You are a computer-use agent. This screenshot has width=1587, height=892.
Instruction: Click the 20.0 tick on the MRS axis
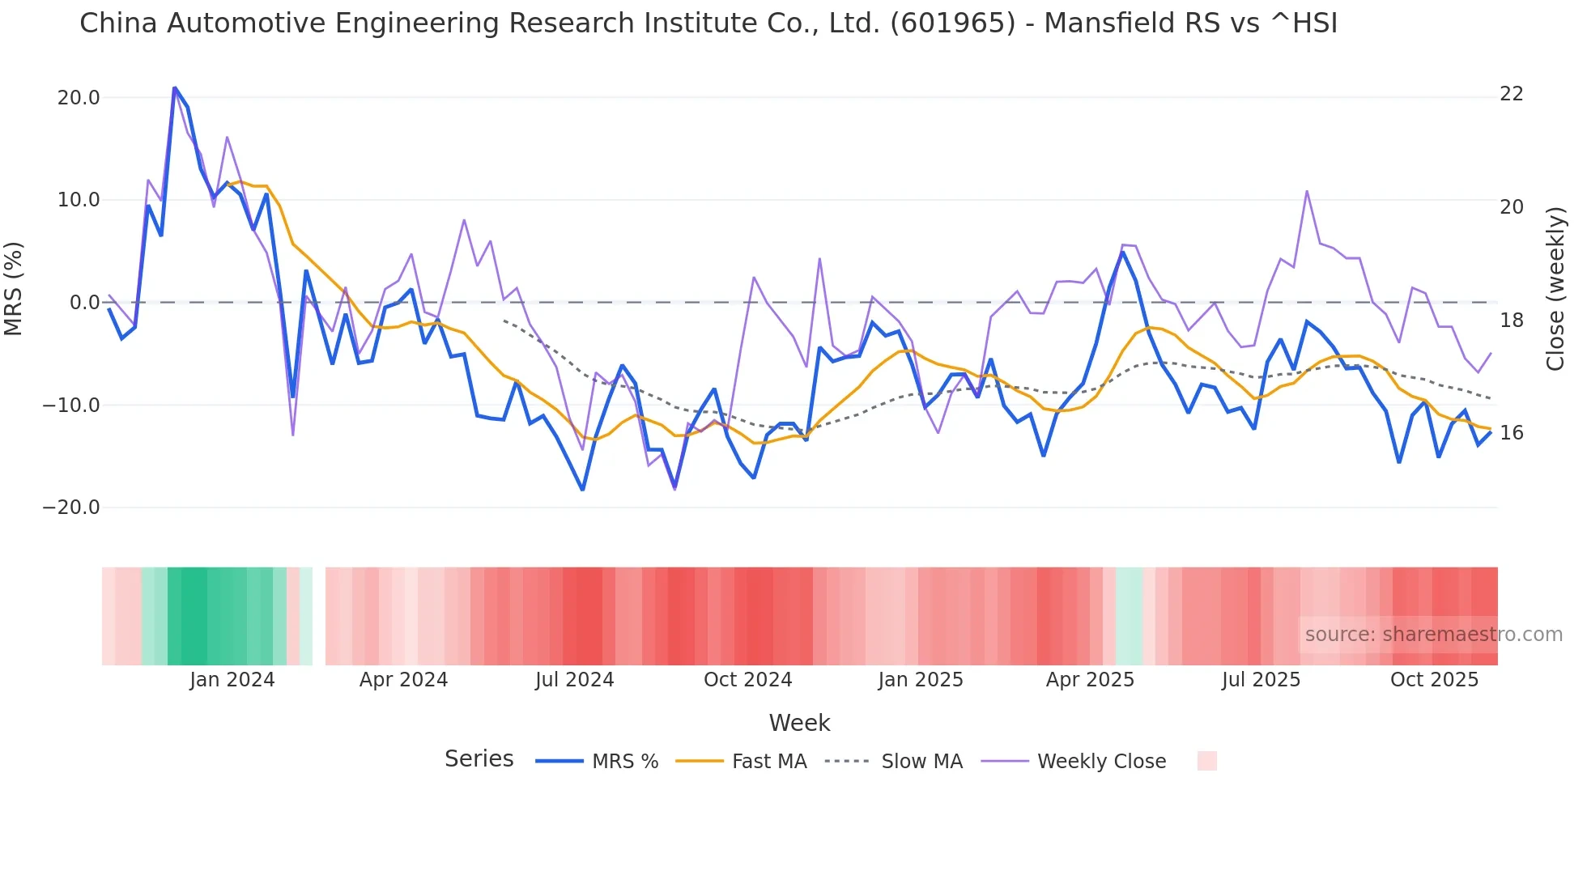click(78, 98)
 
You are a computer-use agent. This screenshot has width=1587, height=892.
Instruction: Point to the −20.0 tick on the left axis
click(71, 508)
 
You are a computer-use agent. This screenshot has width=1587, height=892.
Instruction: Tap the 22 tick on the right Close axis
click(1511, 94)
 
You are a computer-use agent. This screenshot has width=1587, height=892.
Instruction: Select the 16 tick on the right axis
click(1511, 433)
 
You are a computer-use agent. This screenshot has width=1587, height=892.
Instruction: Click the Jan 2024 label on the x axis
click(232, 680)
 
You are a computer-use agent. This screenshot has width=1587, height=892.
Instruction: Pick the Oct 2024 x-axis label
click(747, 680)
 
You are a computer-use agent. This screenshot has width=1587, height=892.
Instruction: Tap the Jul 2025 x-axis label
click(1261, 680)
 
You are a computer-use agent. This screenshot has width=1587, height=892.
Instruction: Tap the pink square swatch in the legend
click(1206, 761)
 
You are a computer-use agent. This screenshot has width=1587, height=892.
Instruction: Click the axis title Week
click(799, 723)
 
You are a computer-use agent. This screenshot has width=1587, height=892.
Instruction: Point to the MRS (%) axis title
click(14, 289)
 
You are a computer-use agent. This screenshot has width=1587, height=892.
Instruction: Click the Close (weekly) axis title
click(1555, 289)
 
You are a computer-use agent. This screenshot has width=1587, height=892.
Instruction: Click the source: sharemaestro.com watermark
click(1433, 635)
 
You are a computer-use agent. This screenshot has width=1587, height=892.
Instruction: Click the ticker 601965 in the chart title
click(952, 23)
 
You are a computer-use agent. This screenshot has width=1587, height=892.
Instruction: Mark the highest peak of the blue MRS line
click(175, 87)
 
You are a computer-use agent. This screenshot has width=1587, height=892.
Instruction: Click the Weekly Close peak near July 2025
click(1307, 191)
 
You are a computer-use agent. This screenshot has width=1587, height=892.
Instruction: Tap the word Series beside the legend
click(479, 759)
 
